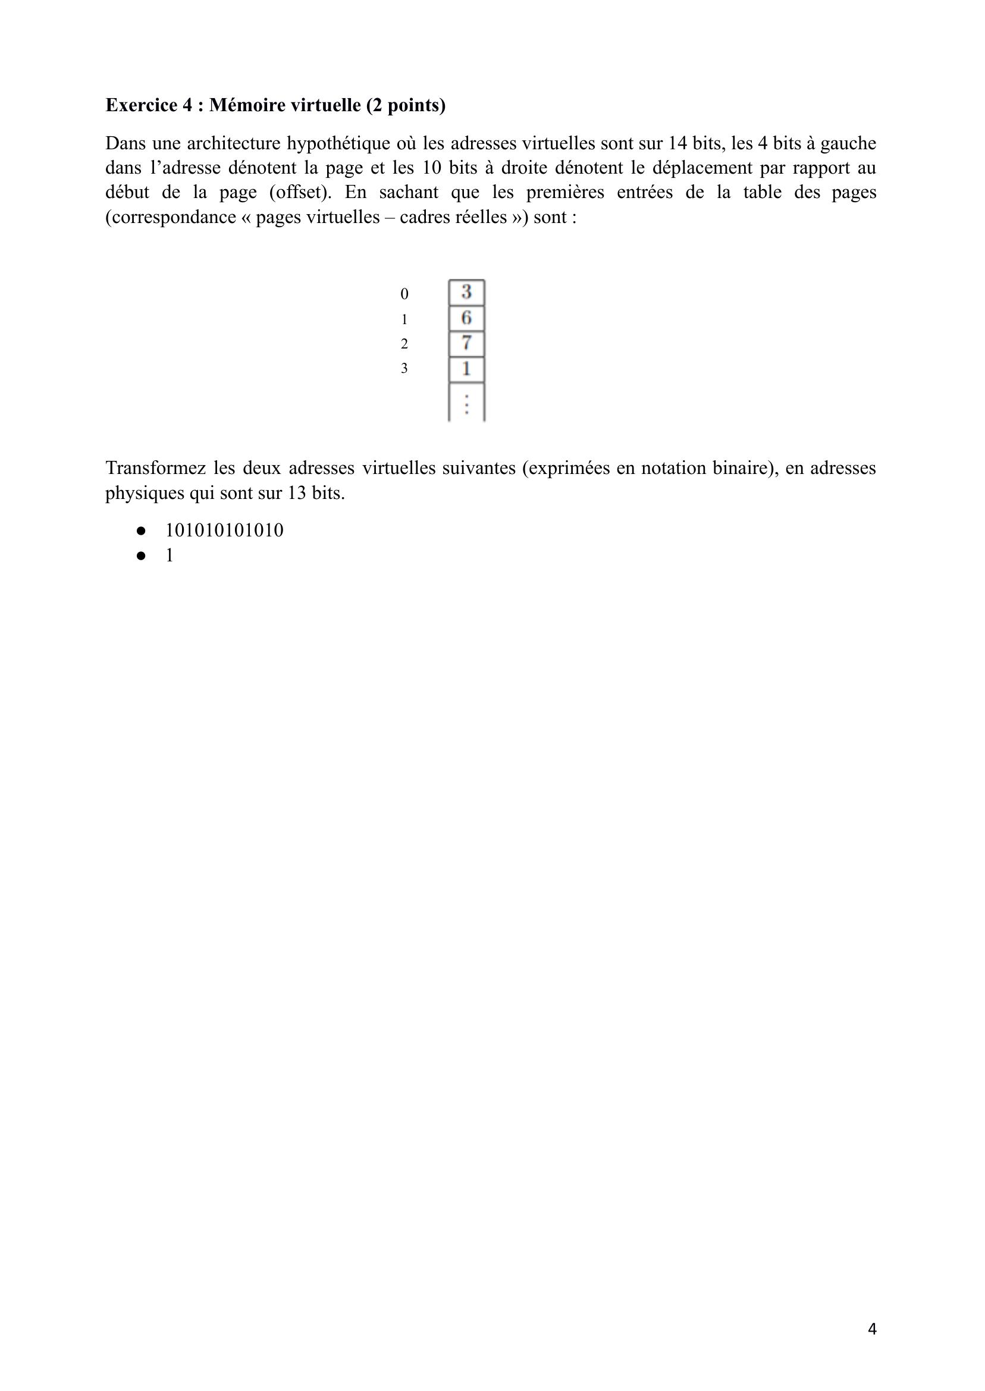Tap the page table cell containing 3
466,292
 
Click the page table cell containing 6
466,318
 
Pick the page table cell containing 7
466,343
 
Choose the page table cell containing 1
466,369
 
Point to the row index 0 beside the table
404,294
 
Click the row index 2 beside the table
404,344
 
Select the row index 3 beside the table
404,369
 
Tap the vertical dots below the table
466,404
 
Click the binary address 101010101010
224,530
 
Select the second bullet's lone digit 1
170,555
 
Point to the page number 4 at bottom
872,1329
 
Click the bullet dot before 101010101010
142,530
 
